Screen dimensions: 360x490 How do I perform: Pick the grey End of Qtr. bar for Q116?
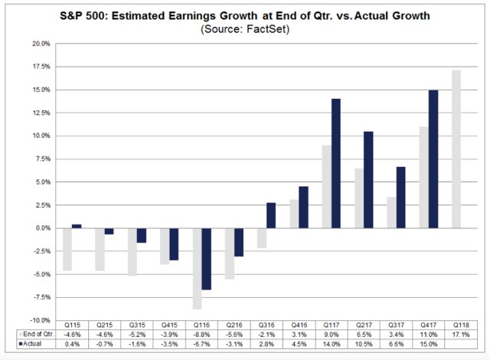(198, 268)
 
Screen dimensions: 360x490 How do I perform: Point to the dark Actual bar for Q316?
(270, 215)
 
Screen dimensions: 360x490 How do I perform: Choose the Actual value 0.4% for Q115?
(73, 344)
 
